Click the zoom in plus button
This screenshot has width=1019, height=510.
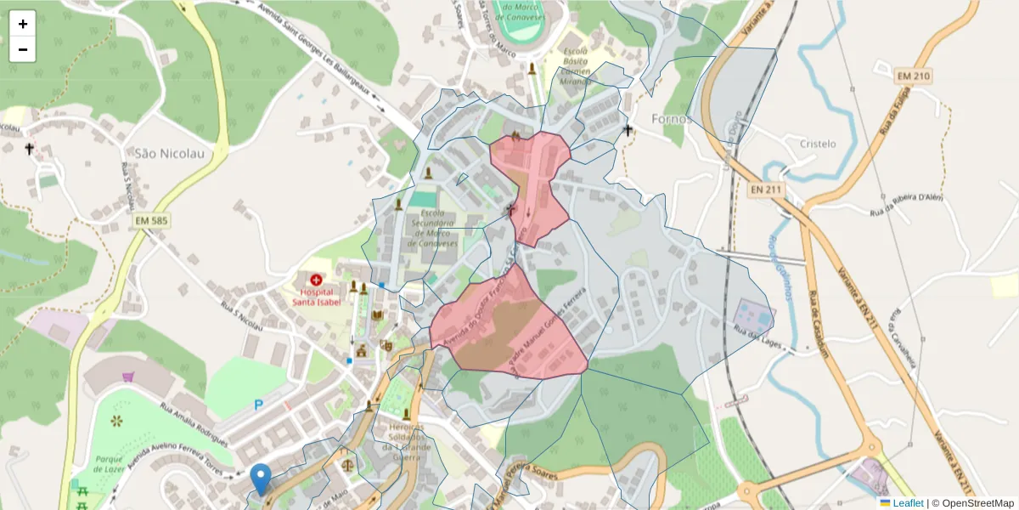pyautogui.click(x=23, y=24)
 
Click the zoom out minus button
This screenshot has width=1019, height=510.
pyautogui.click(x=23, y=49)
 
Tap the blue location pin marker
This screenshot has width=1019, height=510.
pyautogui.click(x=262, y=479)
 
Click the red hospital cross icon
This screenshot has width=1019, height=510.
pyautogui.click(x=317, y=279)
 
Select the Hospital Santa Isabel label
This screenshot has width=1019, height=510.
pyautogui.click(x=317, y=295)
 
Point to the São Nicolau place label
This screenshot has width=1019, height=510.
pyautogui.click(x=159, y=154)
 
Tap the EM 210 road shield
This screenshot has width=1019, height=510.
pyautogui.click(x=913, y=76)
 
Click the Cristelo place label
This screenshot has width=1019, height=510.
pyautogui.click(x=818, y=144)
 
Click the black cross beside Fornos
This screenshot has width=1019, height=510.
pyautogui.click(x=628, y=130)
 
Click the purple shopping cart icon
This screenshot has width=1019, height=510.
pyautogui.click(x=128, y=376)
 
